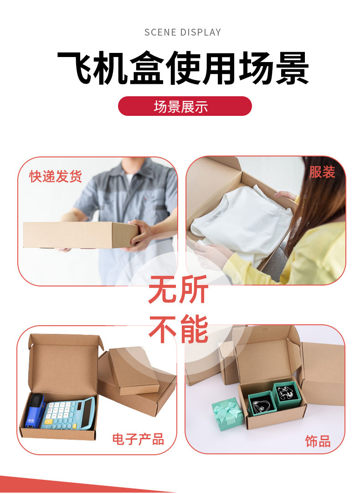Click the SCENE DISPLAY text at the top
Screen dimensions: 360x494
pos(183,32)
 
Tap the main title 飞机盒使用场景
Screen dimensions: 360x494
pos(183,68)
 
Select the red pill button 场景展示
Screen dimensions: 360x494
pos(185,106)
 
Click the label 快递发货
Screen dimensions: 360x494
pos(56,176)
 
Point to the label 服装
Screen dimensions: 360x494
pos(322,172)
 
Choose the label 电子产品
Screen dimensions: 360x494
pos(138,439)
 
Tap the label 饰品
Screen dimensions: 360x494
pos(318,442)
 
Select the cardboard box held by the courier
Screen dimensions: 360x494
pos(80,235)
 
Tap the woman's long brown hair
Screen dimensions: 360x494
pos(318,202)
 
